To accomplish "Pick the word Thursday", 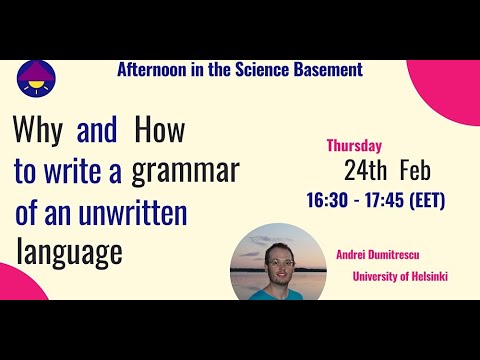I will click(356, 142).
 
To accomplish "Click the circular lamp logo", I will click(37, 81).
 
